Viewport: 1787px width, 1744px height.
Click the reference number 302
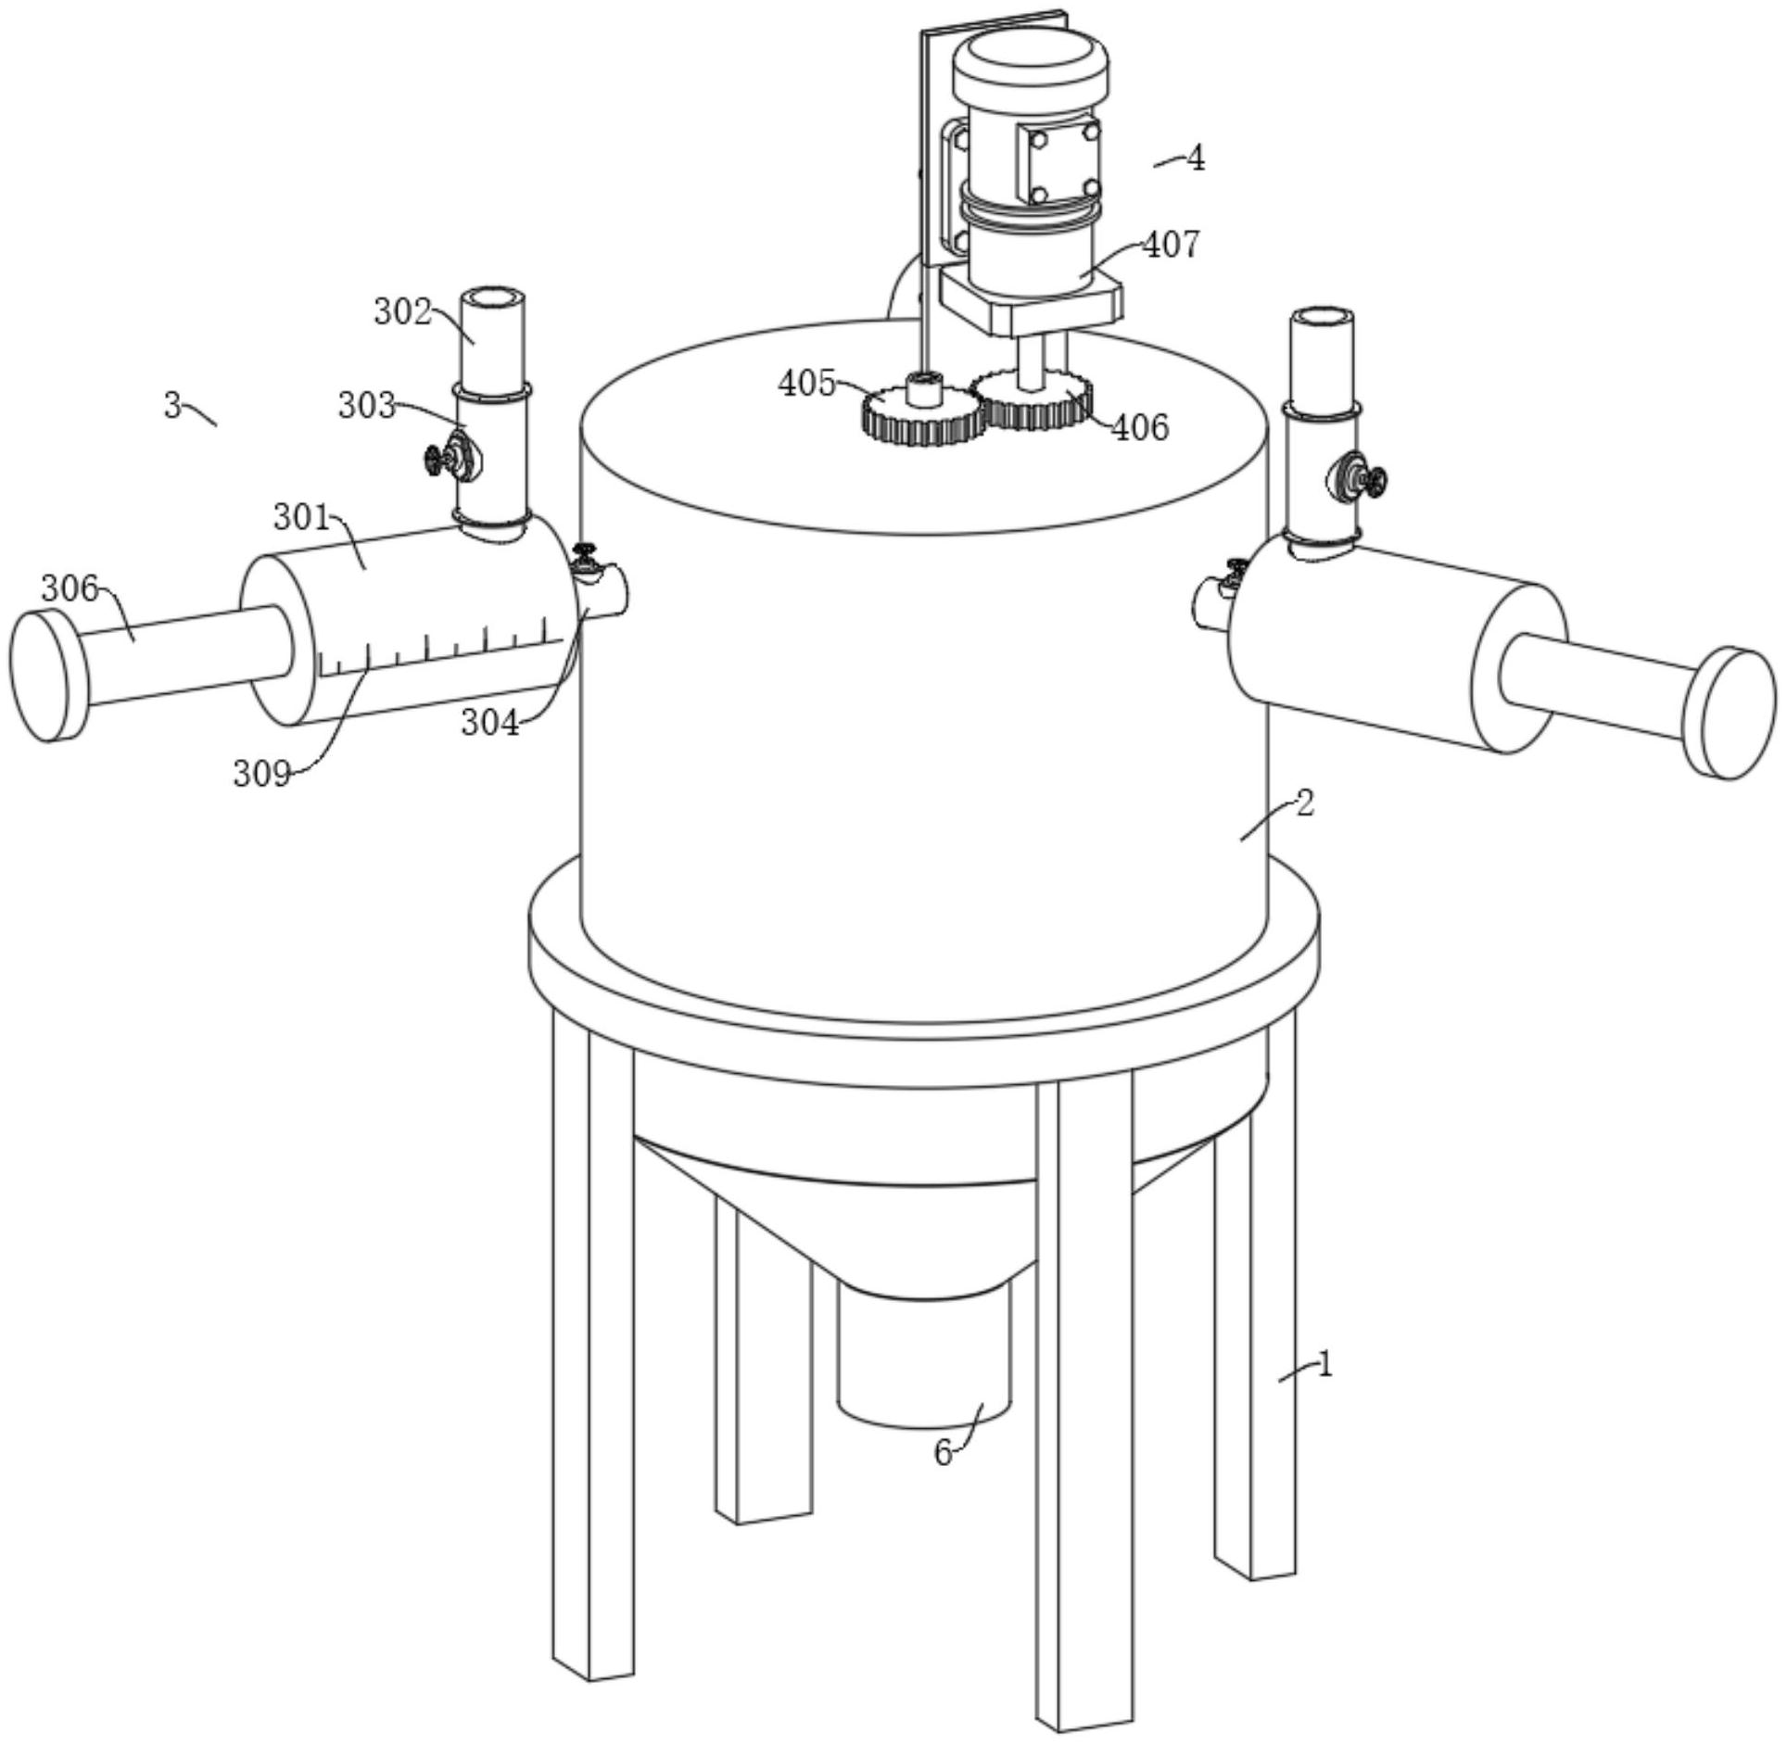point(402,312)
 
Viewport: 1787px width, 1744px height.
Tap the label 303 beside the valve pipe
point(366,406)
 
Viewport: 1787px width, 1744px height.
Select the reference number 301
point(301,517)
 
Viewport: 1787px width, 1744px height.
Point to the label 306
point(70,588)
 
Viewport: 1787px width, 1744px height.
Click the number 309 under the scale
point(261,773)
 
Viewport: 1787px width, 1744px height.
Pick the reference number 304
point(490,723)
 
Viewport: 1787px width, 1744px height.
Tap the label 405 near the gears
point(806,383)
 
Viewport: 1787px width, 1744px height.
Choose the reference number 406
point(1140,427)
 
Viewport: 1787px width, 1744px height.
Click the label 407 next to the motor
point(1171,246)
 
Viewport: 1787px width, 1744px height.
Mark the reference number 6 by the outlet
point(943,1453)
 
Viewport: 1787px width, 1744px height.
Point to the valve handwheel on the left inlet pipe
point(435,459)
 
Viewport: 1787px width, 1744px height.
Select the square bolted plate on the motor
point(1058,163)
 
